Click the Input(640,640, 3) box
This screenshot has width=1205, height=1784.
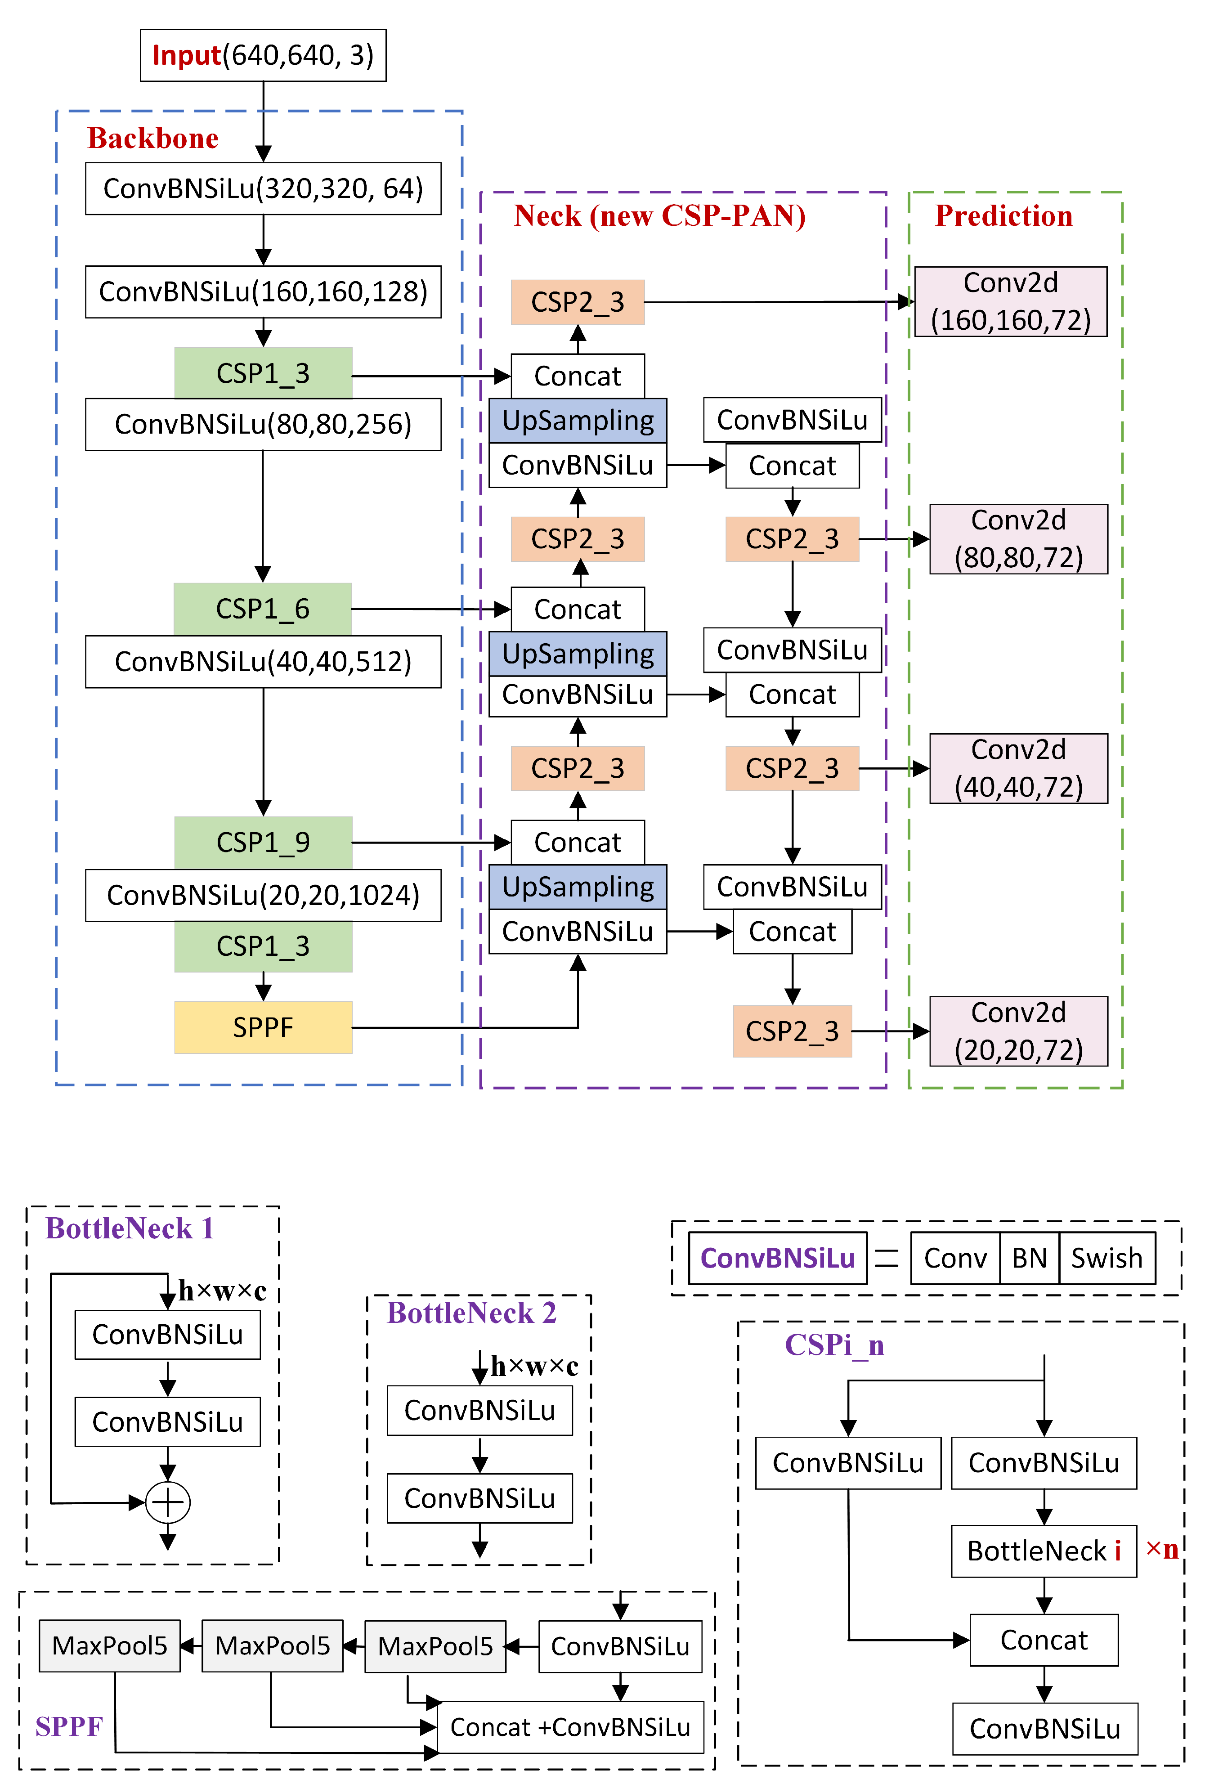click(263, 55)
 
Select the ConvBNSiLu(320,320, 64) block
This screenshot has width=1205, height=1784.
click(263, 188)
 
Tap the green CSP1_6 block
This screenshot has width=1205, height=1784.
click(263, 609)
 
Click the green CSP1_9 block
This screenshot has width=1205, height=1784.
click(263, 842)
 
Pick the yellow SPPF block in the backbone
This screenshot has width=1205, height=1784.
click(263, 1027)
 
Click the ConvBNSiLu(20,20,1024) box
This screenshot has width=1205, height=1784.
click(263, 895)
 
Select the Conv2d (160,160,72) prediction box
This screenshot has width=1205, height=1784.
click(1010, 302)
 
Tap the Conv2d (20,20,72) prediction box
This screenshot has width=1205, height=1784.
click(1018, 1031)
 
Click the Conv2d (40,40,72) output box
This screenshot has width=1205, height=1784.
click(1018, 768)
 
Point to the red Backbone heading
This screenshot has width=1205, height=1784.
click(153, 138)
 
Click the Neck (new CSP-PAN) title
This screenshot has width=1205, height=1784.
click(659, 216)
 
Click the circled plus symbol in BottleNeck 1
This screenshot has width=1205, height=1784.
click(167, 1502)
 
